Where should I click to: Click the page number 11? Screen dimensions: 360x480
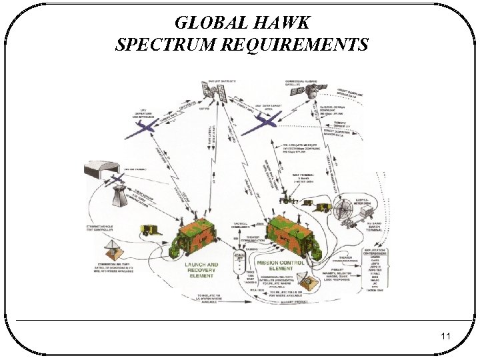pos(445,337)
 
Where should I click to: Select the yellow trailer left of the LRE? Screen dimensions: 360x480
pos(151,230)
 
